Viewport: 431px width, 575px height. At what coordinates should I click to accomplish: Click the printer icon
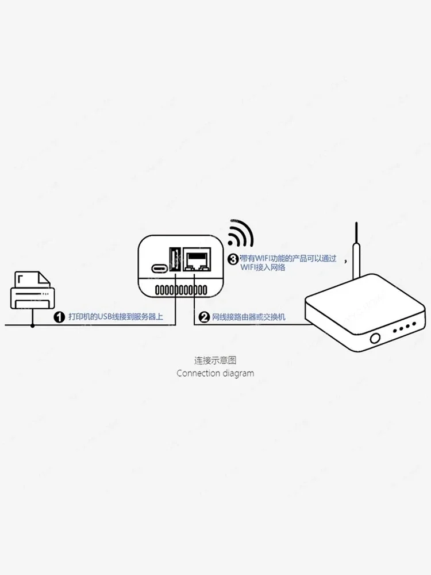click(x=32, y=290)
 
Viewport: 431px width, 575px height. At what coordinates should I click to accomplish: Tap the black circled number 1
click(x=59, y=317)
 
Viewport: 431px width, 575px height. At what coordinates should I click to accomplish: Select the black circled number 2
click(x=204, y=317)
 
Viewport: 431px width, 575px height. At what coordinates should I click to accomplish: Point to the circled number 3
click(x=233, y=259)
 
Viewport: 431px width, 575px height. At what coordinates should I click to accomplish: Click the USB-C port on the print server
click(x=159, y=269)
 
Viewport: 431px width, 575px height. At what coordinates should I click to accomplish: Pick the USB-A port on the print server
click(x=175, y=260)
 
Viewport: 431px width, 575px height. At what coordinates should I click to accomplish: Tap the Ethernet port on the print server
click(x=197, y=260)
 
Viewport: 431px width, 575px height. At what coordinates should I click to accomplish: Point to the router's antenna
click(x=356, y=250)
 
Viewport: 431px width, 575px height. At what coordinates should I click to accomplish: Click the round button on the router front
click(x=375, y=338)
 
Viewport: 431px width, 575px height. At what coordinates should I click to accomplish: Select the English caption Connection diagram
click(x=215, y=373)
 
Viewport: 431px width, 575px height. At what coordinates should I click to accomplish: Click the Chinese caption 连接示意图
click(x=215, y=361)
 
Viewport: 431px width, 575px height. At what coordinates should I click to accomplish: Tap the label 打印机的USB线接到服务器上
click(x=116, y=317)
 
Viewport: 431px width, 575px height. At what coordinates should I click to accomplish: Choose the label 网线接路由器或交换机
click(x=248, y=317)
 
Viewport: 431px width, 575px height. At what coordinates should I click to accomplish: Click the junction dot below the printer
click(x=32, y=325)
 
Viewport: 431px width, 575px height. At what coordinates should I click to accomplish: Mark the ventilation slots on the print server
click(x=181, y=290)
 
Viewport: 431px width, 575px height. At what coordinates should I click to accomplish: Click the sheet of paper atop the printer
click(x=32, y=279)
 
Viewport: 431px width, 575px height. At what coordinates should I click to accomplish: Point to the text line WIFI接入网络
click(x=263, y=267)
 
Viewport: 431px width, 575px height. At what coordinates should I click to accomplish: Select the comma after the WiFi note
click(x=345, y=260)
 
